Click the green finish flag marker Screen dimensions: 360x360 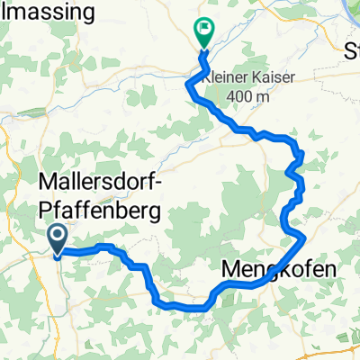(x=204, y=33)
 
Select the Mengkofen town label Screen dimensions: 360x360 (x=266, y=269)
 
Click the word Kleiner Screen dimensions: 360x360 (x=229, y=78)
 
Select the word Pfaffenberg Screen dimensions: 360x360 (x=101, y=211)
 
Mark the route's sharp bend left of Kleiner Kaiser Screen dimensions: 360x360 (x=188, y=85)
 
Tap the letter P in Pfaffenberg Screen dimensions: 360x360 (x=48, y=211)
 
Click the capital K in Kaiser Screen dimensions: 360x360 (x=260, y=78)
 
